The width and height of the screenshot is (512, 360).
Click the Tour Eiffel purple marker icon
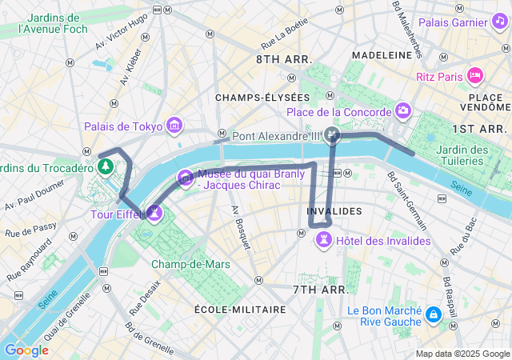tap(154, 213)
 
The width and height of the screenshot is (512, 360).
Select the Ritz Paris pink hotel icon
tap(475, 76)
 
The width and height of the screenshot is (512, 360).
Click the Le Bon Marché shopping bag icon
tap(433, 315)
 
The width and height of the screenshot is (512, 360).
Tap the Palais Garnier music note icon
tap(498, 22)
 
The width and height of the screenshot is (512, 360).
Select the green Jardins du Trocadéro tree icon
tap(104, 166)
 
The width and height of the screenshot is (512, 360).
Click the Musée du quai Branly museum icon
tap(186, 177)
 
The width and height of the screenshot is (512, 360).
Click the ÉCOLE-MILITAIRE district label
tap(240, 309)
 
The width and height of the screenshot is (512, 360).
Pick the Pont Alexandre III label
tap(275, 136)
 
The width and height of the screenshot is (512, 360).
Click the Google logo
tap(26, 350)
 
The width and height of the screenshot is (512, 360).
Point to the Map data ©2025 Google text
tap(462, 354)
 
